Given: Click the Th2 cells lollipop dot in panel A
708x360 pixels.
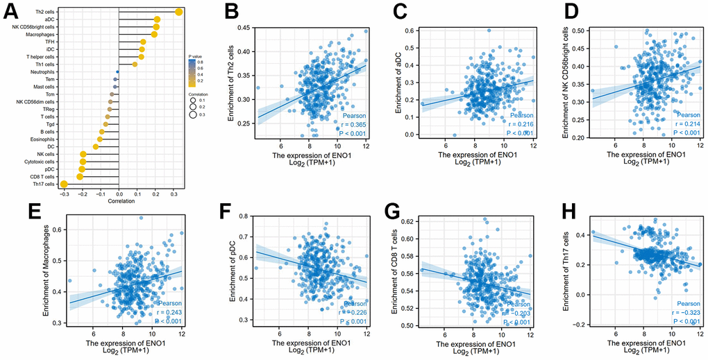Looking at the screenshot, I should tap(179, 11).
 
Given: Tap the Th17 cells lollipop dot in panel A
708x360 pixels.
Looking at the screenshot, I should tap(64, 184).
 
